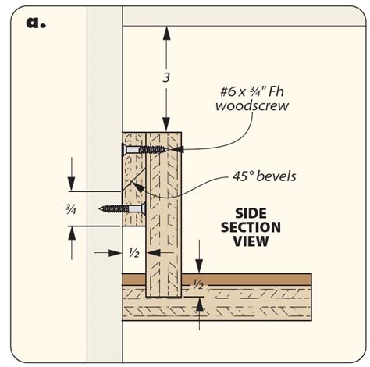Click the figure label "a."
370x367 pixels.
[x=36, y=22]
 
